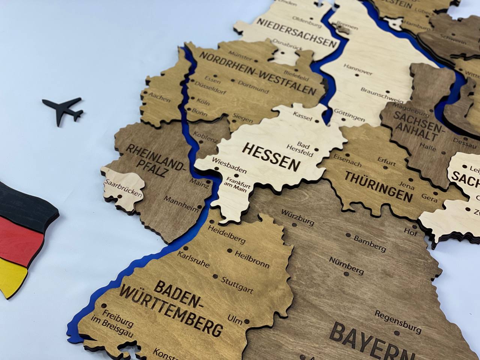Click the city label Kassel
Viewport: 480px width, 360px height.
303,116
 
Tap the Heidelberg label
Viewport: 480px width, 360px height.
226,234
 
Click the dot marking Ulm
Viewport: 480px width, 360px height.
247,322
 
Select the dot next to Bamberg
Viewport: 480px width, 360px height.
348,235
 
